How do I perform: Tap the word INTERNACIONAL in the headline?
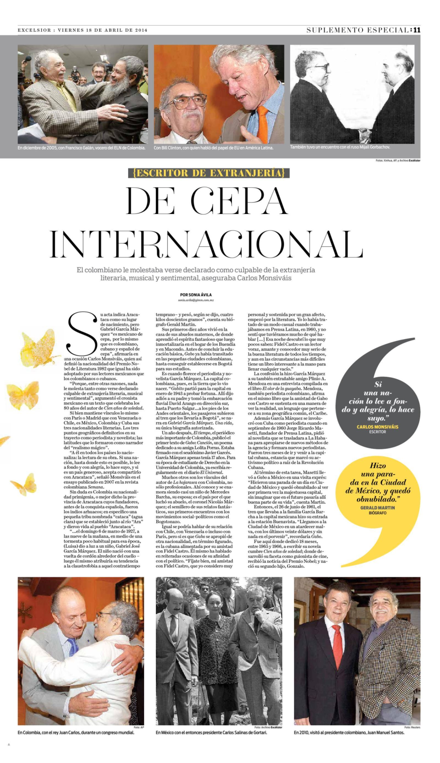207,243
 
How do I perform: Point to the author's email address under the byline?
196,300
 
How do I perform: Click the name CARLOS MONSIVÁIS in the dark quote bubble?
378,427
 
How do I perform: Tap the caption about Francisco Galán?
82,148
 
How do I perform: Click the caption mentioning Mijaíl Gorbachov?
340,147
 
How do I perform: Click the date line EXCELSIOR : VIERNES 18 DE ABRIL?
82,30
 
